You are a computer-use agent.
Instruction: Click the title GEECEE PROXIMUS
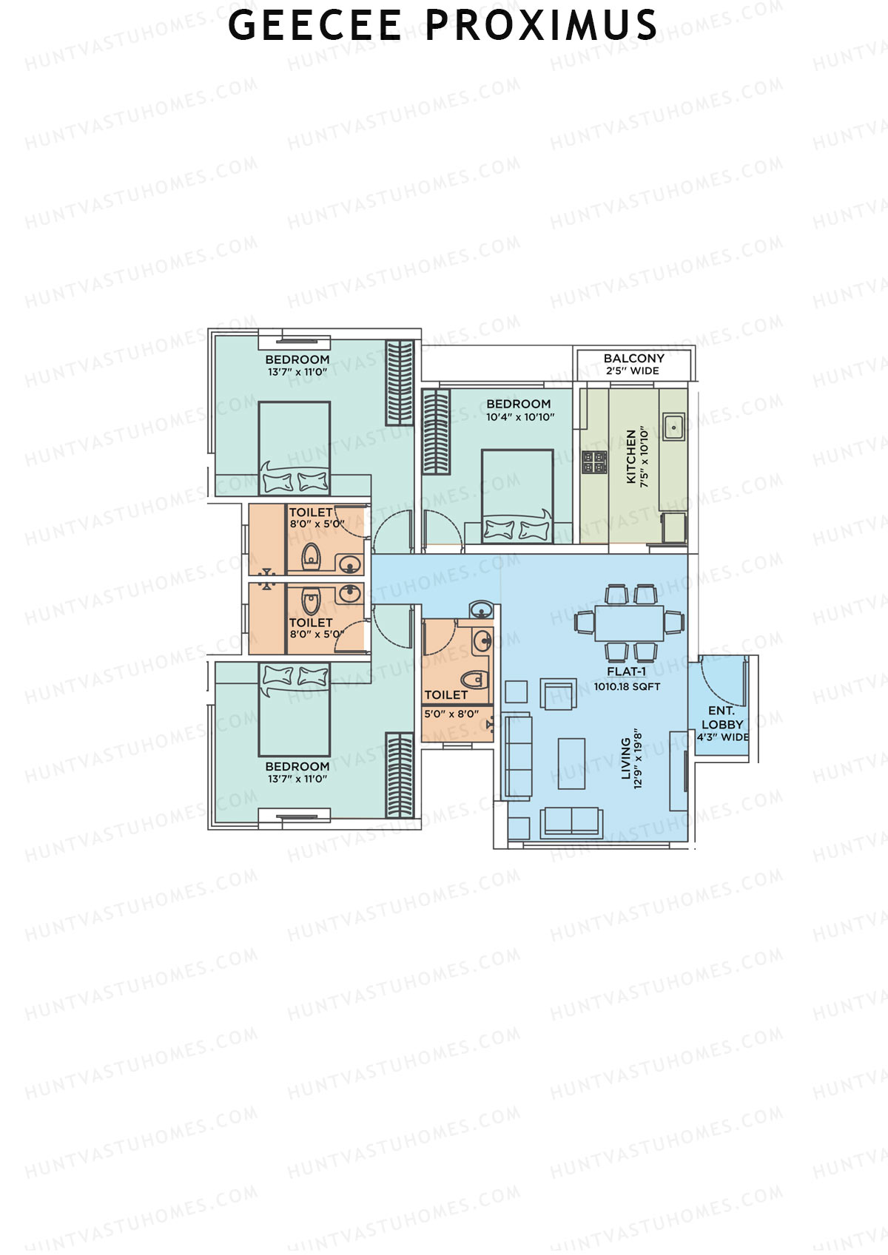click(x=443, y=26)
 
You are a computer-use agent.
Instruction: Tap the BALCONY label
click(x=633, y=358)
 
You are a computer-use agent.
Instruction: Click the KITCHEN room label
click(x=631, y=456)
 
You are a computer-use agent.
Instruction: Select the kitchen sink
click(x=673, y=427)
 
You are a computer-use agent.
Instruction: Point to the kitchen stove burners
click(x=594, y=461)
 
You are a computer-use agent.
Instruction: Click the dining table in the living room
click(x=629, y=623)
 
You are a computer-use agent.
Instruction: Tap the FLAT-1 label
click(x=626, y=672)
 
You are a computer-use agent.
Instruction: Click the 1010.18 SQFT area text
click(x=627, y=686)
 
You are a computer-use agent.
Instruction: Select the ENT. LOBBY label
click(x=722, y=717)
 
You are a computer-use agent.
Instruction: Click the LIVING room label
click(x=626, y=758)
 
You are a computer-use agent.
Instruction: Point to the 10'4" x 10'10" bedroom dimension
click(x=520, y=417)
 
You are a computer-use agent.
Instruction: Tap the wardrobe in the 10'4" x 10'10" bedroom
click(x=436, y=431)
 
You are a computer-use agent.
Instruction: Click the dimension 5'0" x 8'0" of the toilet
click(x=451, y=714)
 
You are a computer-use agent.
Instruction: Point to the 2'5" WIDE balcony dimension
click(x=633, y=371)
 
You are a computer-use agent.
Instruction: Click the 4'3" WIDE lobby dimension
click(x=723, y=737)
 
